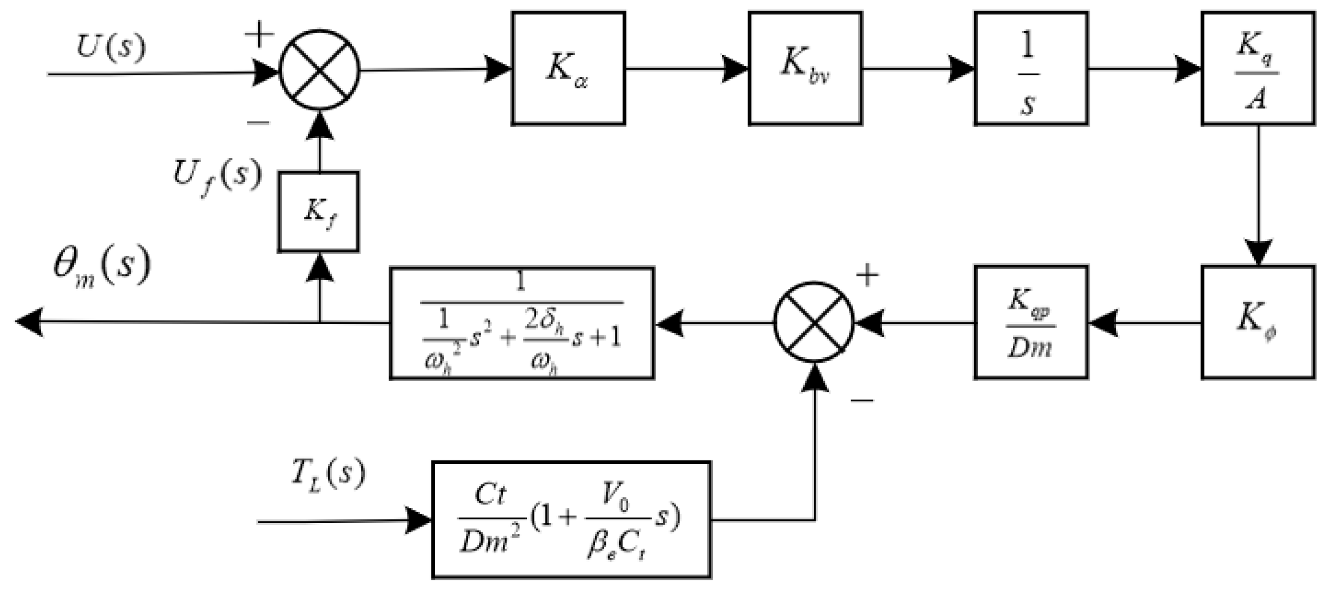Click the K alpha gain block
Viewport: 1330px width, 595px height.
click(x=568, y=69)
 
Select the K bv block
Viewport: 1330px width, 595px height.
click(x=805, y=69)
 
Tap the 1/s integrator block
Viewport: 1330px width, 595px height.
click(x=1031, y=69)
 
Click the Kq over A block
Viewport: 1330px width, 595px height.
click(x=1258, y=69)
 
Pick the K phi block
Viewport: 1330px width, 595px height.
click(x=1258, y=322)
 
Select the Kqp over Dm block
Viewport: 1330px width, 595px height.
click(x=1031, y=322)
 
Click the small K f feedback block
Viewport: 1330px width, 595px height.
click(x=318, y=212)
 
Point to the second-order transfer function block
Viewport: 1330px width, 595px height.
click(x=521, y=323)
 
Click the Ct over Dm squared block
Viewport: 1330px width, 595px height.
click(x=571, y=520)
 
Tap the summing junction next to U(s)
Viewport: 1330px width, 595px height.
click(x=319, y=70)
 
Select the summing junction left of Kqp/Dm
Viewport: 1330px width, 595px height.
click(x=814, y=322)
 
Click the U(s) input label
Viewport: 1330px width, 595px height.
click(x=111, y=47)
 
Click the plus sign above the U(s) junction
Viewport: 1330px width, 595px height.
click(x=259, y=35)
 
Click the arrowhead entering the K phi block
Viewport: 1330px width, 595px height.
click(x=1258, y=254)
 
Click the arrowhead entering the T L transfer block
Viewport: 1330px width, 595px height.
click(x=419, y=521)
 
